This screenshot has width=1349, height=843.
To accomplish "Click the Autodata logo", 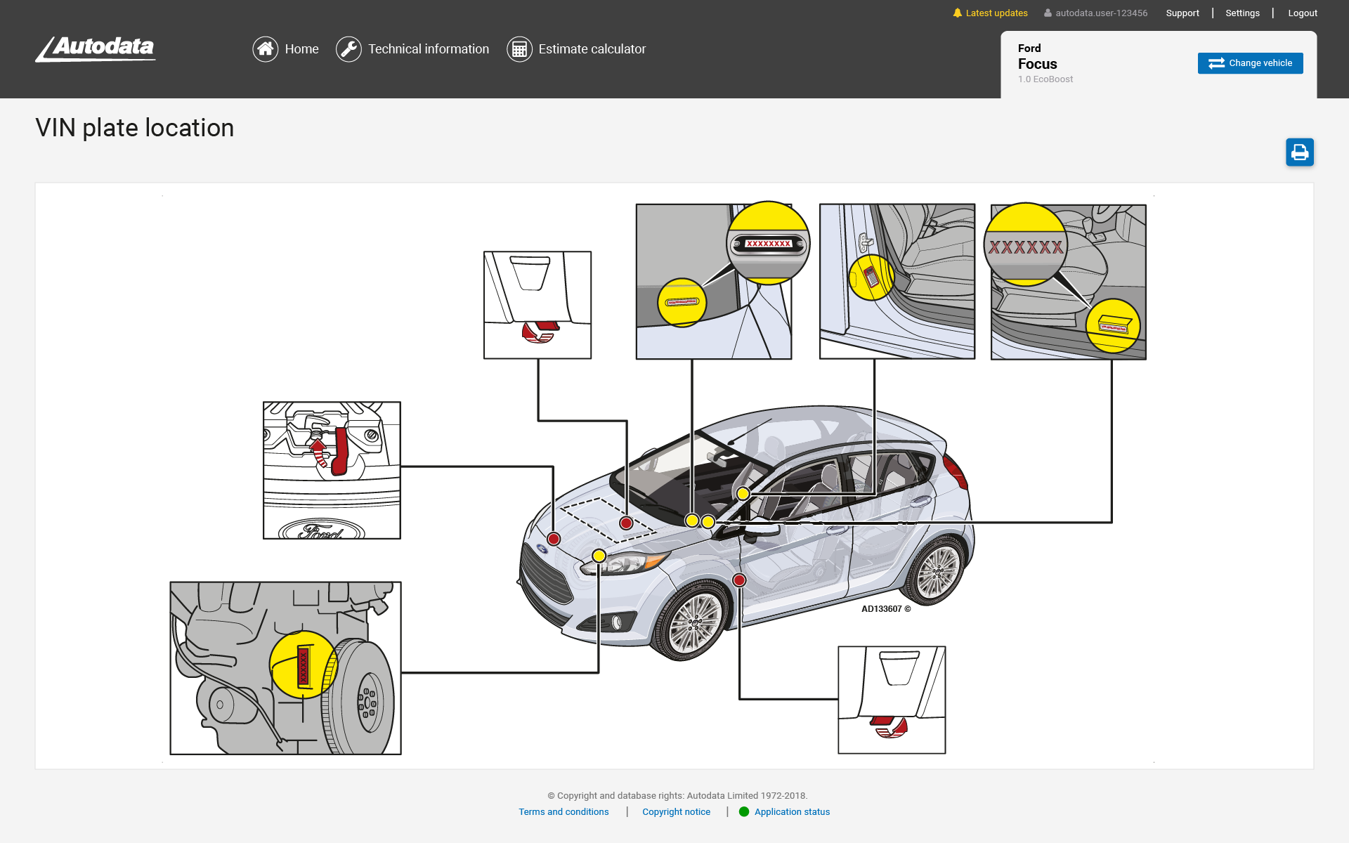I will [96, 48].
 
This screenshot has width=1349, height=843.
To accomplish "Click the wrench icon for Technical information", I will [348, 49].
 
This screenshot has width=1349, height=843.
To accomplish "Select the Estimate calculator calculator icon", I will [519, 49].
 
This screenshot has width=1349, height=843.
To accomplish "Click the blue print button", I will [1299, 152].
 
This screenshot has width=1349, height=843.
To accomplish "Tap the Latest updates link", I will [996, 13].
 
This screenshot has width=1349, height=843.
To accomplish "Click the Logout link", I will [1302, 13].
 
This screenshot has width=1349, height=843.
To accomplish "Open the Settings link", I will [1242, 13].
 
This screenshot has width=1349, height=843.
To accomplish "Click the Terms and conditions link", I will [563, 811].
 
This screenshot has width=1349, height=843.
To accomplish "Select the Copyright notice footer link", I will [676, 811].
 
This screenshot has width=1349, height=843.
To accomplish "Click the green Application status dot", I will [744, 811].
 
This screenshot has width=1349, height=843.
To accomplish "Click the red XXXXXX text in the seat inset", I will [1025, 247].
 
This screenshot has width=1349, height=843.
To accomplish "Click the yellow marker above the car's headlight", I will [599, 556].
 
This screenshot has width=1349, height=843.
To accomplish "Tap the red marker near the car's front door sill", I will [739, 580].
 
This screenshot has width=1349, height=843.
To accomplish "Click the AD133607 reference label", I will [885, 609].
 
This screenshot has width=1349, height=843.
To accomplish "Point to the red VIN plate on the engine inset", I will [304, 666].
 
